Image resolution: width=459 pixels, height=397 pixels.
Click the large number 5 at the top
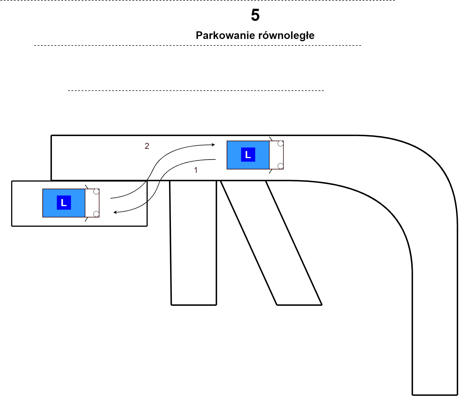(255, 15)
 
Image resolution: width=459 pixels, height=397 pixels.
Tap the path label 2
(147, 146)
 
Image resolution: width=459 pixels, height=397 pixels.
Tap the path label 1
(196, 170)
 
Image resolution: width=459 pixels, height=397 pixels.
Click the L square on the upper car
(248, 154)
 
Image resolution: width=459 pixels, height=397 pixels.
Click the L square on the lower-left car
(64, 202)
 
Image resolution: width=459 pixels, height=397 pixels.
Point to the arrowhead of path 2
(214, 145)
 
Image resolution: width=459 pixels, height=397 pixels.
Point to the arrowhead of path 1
(115, 212)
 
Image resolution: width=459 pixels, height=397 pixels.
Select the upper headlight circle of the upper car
(280, 143)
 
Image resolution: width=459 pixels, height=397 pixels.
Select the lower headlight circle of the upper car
(280, 166)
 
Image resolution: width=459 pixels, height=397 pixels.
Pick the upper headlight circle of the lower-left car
(96, 191)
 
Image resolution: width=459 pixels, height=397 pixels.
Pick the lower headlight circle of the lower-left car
(96, 214)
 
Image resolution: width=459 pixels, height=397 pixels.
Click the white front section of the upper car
(276, 155)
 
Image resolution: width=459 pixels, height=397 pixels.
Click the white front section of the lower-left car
(92, 203)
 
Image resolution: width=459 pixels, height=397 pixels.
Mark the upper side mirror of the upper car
(271, 139)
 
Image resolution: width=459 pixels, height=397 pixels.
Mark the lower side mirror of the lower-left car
(87, 219)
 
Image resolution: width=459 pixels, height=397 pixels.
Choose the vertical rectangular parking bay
(193, 243)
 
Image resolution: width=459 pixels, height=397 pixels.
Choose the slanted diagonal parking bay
(271, 243)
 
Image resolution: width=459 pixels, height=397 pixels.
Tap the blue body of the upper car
(248, 155)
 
